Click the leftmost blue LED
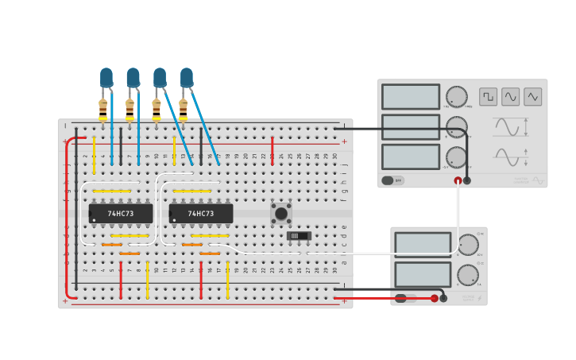[x=106, y=77]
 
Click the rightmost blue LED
[x=186, y=77]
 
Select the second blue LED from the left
[x=133, y=77]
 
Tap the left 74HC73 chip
[x=121, y=213]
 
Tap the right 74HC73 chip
[x=201, y=213]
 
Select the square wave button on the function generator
[x=488, y=97]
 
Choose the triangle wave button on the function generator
[x=532, y=97]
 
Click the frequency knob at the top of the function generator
[x=457, y=97]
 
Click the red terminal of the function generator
[x=458, y=180]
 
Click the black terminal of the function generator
[x=467, y=180]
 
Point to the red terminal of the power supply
[x=435, y=298]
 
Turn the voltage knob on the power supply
[x=468, y=245]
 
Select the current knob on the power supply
[x=468, y=275]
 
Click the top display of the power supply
[x=423, y=245]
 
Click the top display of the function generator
[x=410, y=97]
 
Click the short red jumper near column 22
[x=272, y=150]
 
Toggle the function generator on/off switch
[x=390, y=180]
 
